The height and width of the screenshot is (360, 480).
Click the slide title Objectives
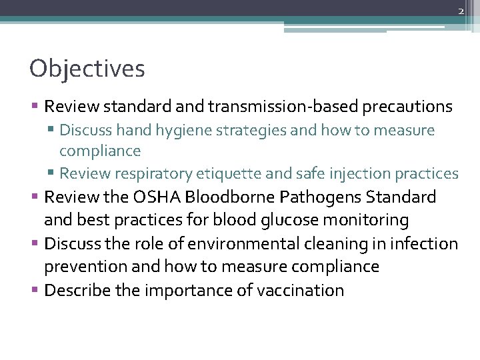(87, 68)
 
